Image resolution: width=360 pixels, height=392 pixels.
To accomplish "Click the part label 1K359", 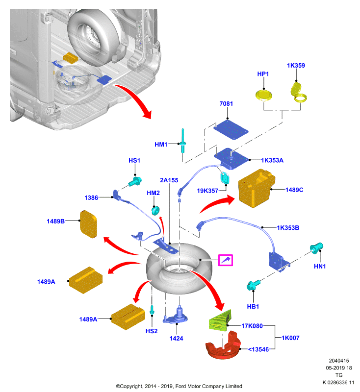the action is [296, 66].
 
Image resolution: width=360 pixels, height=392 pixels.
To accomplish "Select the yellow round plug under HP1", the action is [264, 95].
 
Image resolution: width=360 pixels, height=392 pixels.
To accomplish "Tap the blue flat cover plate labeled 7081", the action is [231, 130].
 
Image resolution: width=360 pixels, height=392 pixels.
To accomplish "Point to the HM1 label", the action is [161, 145].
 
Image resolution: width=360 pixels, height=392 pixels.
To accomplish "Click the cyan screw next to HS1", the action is [135, 181].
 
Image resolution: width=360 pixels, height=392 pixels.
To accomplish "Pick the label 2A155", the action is [169, 180].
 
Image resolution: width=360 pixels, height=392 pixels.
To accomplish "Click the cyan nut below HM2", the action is [155, 210].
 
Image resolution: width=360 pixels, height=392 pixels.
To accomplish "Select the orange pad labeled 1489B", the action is [88, 224].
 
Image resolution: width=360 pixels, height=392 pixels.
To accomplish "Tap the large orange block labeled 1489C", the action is [257, 188].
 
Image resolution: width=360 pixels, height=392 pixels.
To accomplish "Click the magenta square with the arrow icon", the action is [226, 260].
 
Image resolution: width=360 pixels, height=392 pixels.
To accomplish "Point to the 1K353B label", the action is [288, 228].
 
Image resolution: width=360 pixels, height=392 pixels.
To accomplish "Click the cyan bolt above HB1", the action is [253, 285].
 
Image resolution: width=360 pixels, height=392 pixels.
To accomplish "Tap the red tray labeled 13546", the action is [223, 345].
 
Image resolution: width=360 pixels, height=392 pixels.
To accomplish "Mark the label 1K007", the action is [290, 338].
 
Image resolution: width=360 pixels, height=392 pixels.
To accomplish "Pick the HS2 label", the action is [152, 331].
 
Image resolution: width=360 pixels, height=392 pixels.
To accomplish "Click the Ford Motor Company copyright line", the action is [179, 386].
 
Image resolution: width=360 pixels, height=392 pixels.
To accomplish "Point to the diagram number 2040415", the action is [339, 361].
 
